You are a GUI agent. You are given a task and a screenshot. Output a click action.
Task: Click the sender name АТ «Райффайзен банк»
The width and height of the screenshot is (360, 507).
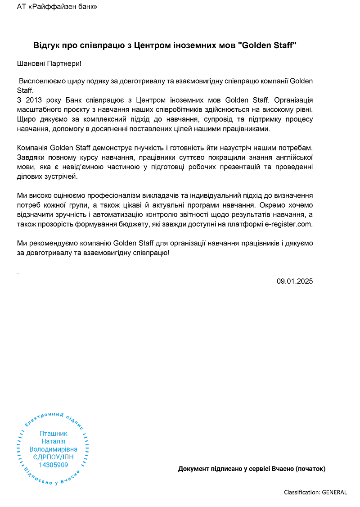point(57,7)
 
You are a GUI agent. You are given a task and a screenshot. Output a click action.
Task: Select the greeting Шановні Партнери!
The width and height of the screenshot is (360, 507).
point(49,64)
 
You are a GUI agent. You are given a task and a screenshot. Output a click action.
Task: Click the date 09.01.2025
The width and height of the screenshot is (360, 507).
point(294,281)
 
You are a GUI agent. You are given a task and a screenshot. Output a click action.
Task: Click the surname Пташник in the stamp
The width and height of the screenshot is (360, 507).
point(53,434)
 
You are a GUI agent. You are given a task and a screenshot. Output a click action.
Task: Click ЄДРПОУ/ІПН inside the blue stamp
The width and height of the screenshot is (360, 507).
point(53,457)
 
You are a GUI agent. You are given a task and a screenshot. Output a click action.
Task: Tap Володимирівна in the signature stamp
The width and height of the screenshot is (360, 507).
point(53,449)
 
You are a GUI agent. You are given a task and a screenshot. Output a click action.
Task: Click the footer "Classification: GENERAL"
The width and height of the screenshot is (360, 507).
point(315,492)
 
